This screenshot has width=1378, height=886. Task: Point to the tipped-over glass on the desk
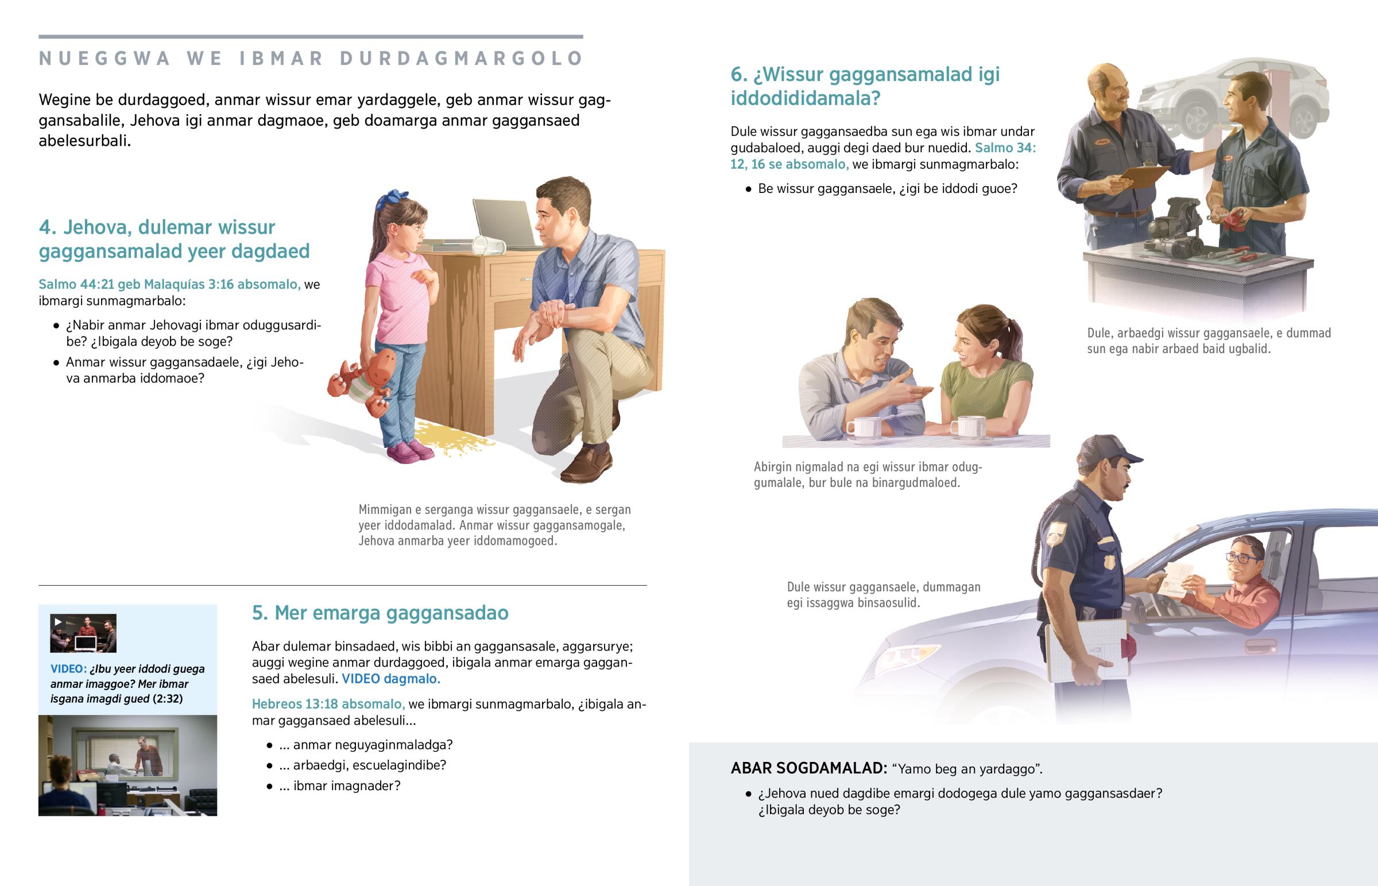click(488, 246)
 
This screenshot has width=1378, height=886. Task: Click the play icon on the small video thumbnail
click(57, 622)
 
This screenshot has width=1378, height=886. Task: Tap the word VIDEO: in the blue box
click(68, 668)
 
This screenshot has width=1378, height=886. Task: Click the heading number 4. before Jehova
click(48, 227)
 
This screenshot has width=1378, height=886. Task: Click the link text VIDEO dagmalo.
click(391, 679)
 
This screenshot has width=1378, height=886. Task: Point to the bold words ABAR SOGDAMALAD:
click(809, 768)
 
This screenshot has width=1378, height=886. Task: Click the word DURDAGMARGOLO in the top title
click(461, 59)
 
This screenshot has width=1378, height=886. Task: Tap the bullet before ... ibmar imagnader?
click(269, 787)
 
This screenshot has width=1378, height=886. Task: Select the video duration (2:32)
click(168, 698)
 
